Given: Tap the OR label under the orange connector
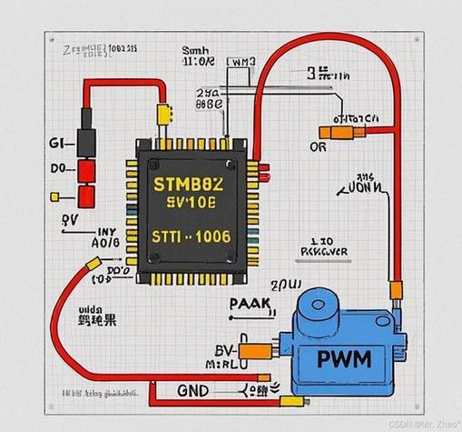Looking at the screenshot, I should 318,147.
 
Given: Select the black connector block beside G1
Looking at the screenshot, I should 87,143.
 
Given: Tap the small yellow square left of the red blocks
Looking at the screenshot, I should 55,195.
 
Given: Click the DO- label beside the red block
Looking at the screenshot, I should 58,169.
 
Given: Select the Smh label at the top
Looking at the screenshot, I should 194,51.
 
